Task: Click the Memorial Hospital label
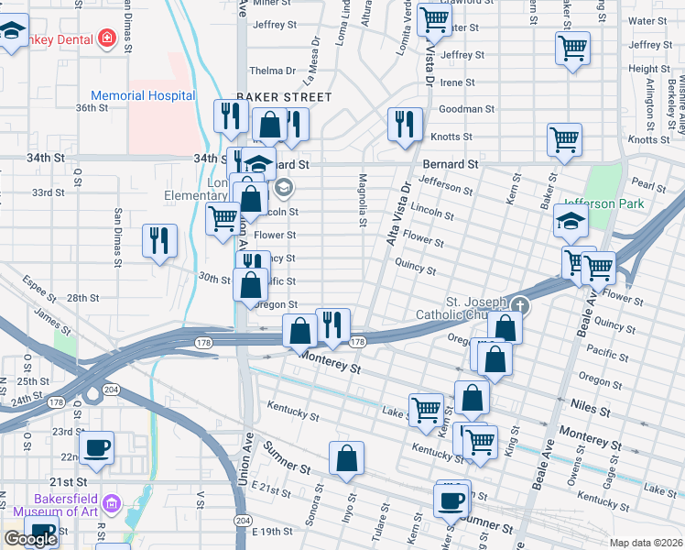(x=142, y=95)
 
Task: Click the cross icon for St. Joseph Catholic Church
(x=520, y=306)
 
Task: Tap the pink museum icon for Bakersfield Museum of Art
(x=112, y=503)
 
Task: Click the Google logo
(x=30, y=539)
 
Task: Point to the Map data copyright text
(x=646, y=543)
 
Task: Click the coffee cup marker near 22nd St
(x=96, y=448)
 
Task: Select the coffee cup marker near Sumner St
(x=451, y=500)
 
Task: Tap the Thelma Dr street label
(x=273, y=71)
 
